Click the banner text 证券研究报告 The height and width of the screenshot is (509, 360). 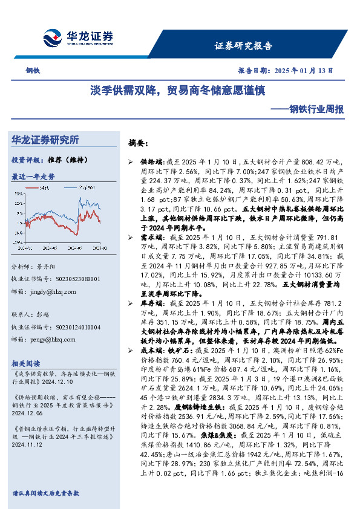coord(244,45)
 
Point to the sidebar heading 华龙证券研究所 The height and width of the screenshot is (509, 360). coord(45,140)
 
